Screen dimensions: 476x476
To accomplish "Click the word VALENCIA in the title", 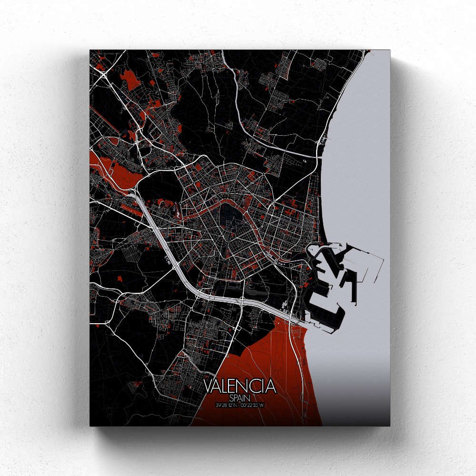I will coord(240,386).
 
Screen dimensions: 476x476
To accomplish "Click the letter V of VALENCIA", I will coord(208,386).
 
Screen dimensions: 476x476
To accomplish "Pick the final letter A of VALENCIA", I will coord(271,386).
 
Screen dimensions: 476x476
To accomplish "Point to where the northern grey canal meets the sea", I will coord(318,156).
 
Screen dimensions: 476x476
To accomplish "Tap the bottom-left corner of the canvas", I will coord(90,425).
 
